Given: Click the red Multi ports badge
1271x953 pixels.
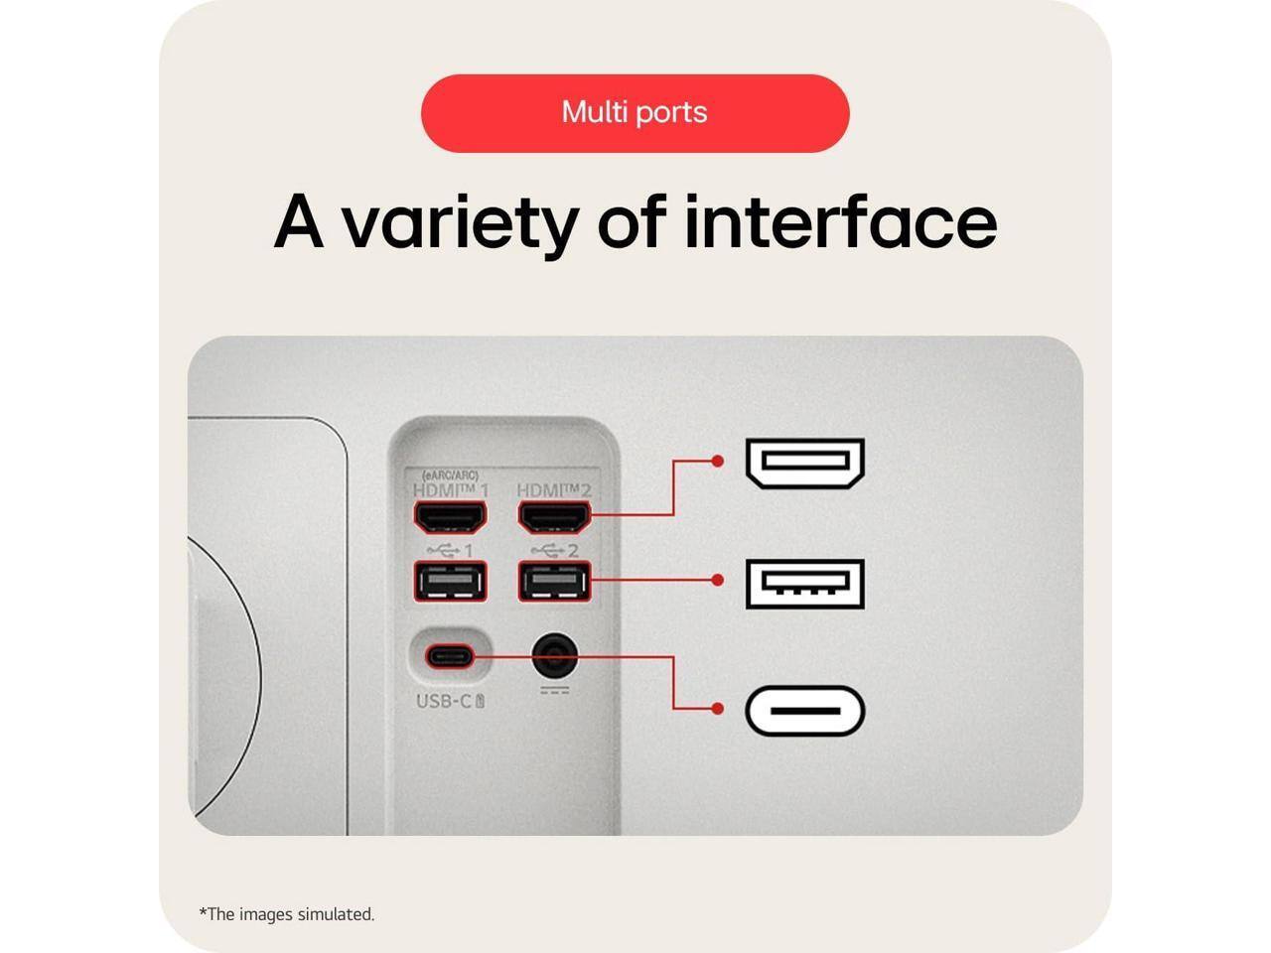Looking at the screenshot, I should (635, 112).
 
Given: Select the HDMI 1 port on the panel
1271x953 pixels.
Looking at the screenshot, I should (450, 516).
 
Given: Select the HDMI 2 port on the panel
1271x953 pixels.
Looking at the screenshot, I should (554, 516).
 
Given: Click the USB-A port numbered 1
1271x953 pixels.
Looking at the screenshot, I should (450, 582).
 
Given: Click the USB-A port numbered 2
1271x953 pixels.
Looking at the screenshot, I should (554, 582).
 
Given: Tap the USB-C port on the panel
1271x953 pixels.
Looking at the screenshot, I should (450, 656).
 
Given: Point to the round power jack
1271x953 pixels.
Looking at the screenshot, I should (554, 656).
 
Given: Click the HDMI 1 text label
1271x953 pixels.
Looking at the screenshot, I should (450, 491).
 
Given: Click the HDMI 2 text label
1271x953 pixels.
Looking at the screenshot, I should (554, 491).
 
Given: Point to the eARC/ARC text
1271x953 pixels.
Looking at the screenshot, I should (450, 476).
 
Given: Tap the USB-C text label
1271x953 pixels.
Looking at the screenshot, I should (449, 701).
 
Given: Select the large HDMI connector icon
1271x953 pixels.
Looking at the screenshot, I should (805, 464).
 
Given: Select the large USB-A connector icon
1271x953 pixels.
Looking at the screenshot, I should (805, 583).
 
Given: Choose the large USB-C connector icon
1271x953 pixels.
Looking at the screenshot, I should (805, 711).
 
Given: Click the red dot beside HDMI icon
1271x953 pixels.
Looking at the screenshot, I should (718, 462).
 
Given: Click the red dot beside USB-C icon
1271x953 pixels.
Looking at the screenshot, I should (718, 709).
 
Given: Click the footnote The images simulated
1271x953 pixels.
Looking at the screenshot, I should (287, 914).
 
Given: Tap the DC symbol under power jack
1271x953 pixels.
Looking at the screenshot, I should (554, 689).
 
